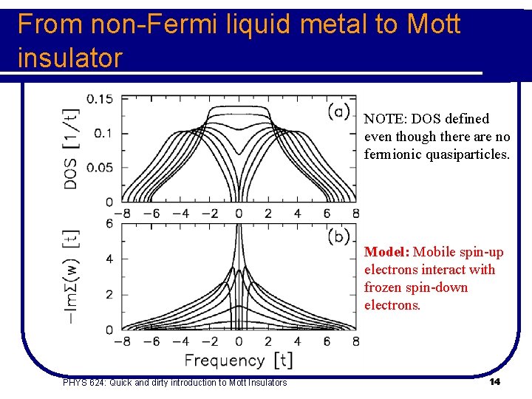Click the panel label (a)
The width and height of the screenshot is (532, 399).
[x=338, y=111]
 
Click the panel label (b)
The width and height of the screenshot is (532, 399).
[x=338, y=236]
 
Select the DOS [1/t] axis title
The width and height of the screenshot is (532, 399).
[x=72, y=148]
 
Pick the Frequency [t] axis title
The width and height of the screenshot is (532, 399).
[x=238, y=361]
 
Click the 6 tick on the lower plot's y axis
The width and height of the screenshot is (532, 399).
[x=109, y=224]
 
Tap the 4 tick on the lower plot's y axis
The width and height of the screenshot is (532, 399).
[x=109, y=259]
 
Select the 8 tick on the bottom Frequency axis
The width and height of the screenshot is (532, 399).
[x=355, y=341]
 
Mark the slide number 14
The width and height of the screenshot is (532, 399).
[x=494, y=381]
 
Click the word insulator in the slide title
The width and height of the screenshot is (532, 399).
[x=69, y=58]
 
